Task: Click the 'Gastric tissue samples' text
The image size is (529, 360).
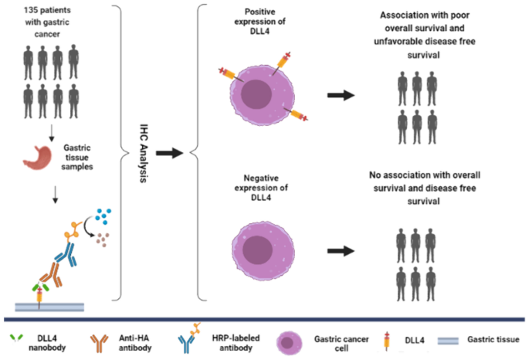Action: [x=77, y=155]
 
